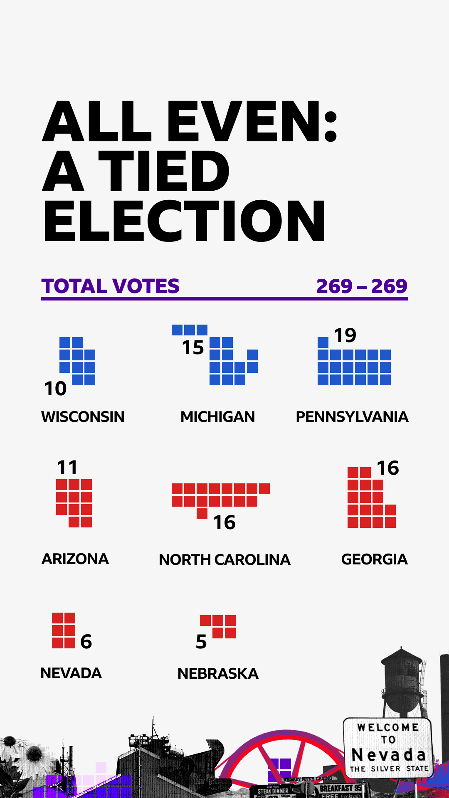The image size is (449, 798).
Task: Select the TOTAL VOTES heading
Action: click(111, 286)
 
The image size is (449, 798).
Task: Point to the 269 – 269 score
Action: click(362, 286)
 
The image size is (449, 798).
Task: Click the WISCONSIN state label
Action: click(83, 417)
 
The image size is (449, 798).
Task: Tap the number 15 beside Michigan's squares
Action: click(193, 348)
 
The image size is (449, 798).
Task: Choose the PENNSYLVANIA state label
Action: click(352, 417)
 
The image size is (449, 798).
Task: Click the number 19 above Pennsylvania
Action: click(345, 335)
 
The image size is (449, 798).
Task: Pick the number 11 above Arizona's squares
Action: click(67, 468)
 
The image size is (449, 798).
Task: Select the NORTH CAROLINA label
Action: click(224, 560)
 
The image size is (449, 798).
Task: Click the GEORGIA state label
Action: click(374, 559)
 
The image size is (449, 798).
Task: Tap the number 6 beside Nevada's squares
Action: click(86, 642)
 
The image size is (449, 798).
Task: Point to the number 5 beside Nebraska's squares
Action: click(201, 642)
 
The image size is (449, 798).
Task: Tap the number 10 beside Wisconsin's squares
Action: click(55, 389)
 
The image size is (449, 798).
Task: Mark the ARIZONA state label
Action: click(75, 559)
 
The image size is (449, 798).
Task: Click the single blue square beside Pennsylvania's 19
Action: click(323, 342)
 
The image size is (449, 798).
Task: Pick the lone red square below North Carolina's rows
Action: click(202, 514)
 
